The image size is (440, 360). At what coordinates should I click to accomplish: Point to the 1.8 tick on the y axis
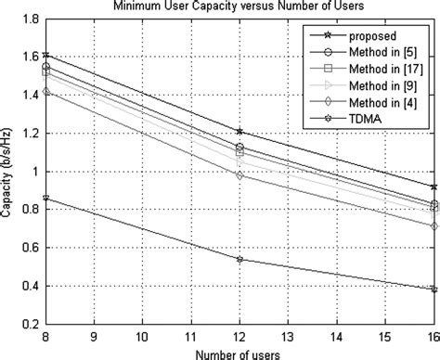click(30, 19)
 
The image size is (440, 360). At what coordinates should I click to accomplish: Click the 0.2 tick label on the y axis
click(30, 326)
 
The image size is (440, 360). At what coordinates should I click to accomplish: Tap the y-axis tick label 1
click(35, 173)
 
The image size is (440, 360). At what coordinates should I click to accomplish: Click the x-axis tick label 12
click(240, 338)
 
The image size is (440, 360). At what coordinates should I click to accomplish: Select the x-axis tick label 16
click(433, 338)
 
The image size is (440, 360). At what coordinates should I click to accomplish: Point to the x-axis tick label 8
click(45, 338)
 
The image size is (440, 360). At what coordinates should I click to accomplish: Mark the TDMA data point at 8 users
click(45, 198)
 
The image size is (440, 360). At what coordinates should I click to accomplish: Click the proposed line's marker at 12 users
click(240, 132)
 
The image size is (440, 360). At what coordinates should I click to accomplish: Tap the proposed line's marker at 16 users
click(434, 187)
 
